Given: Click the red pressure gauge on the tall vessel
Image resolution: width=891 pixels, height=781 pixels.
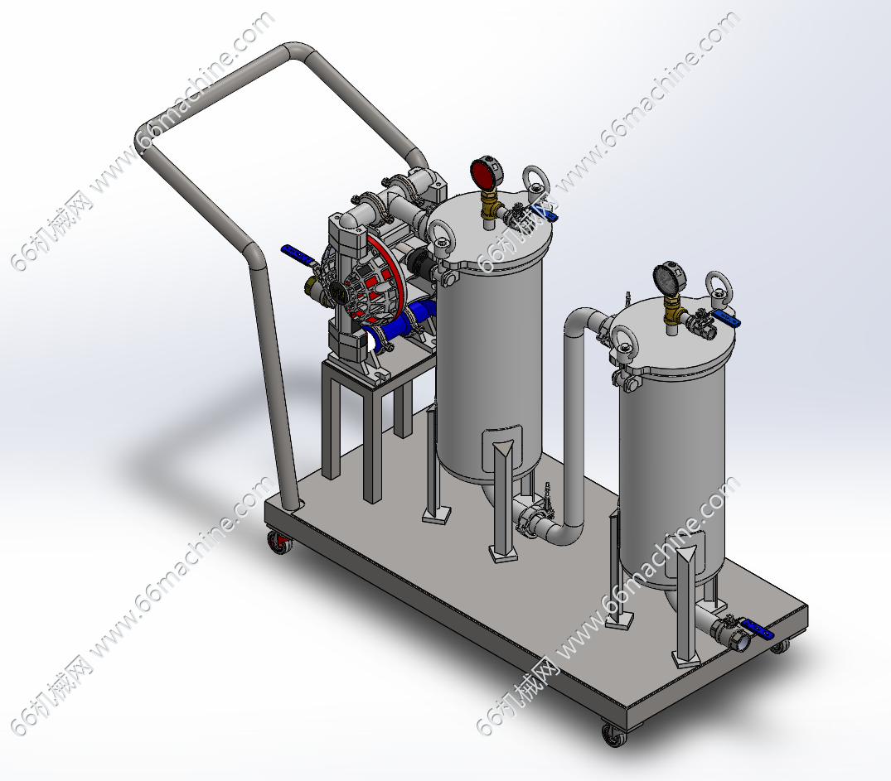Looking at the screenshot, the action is click(x=487, y=172).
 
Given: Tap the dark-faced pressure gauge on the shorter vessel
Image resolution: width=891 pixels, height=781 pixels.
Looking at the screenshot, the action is click(x=670, y=279).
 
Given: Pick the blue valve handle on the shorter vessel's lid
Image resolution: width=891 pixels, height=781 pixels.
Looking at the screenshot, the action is click(x=726, y=319).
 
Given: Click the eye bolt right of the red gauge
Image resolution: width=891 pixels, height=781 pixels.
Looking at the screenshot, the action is click(x=535, y=181).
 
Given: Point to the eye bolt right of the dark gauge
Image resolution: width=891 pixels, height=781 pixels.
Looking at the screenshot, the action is click(x=719, y=288).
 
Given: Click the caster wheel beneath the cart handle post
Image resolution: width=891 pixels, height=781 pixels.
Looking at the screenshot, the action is click(x=279, y=542).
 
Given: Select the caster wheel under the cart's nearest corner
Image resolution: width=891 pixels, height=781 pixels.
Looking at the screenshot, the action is click(x=613, y=735).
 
